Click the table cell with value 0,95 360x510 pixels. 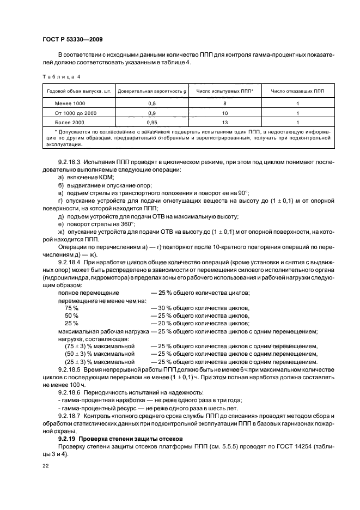coord(152,123)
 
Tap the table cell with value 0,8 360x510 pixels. coord(152,103)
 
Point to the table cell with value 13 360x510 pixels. coord(224,123)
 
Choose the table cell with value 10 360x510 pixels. coord(224,113)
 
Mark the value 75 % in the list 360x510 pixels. coord(72,308)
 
